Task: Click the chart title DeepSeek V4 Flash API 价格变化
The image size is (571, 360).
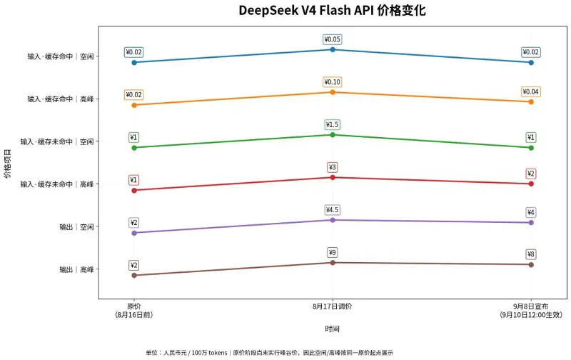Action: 332,10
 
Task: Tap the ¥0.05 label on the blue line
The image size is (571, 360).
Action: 332,39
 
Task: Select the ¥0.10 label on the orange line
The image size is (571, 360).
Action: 332,82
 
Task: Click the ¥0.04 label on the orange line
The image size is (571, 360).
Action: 530,91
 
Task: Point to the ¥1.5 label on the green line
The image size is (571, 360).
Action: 332,124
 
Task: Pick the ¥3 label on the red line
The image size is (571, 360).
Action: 332,167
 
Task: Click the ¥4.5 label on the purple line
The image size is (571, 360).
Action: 332,210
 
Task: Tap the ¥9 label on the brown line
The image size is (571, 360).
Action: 332,253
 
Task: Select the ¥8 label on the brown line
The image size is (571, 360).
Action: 530,254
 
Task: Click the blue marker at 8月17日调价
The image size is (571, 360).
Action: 333,49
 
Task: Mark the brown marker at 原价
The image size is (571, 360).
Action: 134,276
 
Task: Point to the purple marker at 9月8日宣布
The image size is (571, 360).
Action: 531,223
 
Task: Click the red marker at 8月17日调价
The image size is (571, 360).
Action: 333,177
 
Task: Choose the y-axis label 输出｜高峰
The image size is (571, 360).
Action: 76,269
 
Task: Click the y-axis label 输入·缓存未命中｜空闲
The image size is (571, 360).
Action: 57,141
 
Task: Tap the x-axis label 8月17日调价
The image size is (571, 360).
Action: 332,306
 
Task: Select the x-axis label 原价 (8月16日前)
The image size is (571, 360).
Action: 134,311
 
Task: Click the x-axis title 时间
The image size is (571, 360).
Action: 332,329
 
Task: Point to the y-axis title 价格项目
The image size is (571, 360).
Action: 7,163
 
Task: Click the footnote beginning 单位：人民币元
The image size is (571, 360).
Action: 270,352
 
